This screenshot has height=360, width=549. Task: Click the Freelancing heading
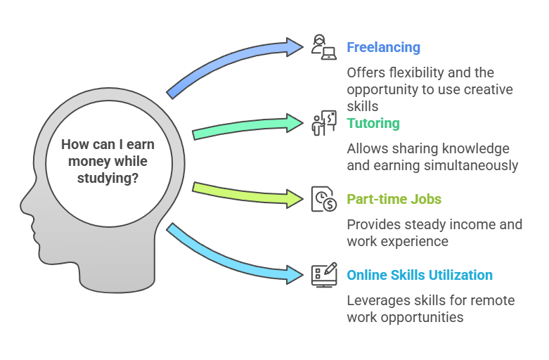pos(383,48)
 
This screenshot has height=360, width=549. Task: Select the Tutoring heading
pos(373,124)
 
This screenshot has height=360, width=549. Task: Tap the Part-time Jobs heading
pos(394,199)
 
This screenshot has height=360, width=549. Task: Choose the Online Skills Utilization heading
pos(419,275)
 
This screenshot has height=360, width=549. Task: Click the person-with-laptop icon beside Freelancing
pos(324,47)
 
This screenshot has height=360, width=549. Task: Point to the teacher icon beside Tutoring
pos(324,123)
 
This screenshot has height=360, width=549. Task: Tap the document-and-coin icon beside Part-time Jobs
pos(324,198)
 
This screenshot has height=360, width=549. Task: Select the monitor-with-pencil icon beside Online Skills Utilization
pos(324,274)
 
